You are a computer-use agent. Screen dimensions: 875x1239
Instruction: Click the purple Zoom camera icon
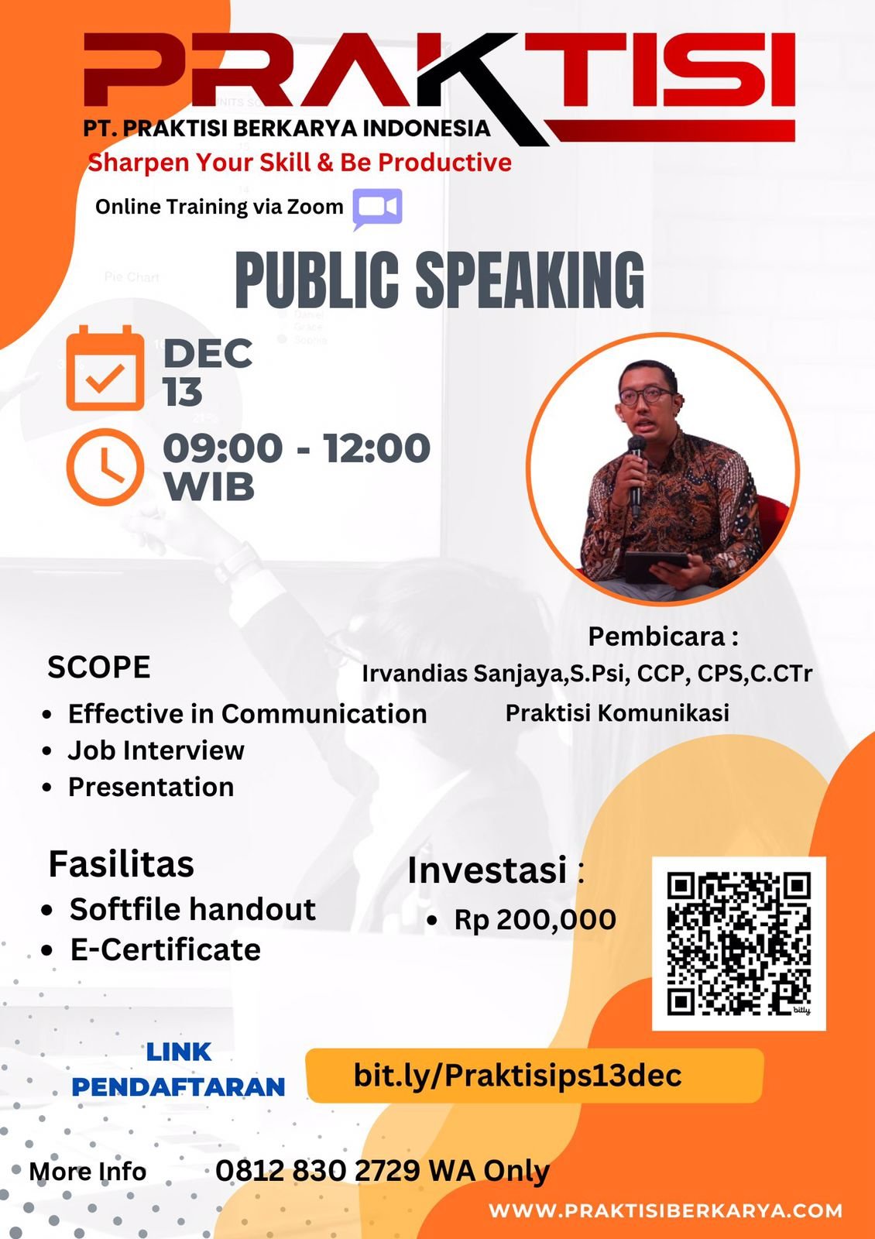(377, 209)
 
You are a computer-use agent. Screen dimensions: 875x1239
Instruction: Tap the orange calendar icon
(105, 368)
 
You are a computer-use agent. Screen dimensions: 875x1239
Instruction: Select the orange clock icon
(105, 467)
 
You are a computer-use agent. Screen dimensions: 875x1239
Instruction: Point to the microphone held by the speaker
(636, 475)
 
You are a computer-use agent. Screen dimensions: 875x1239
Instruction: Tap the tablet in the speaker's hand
(656, 565)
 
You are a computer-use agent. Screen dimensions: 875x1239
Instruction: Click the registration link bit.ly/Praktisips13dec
(517, 1076)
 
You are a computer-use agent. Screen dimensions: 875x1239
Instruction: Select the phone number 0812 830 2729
(317, 1170)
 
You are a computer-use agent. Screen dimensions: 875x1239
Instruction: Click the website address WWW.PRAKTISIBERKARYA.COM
(665, 1210)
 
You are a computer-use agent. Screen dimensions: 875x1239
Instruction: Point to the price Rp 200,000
(535, 919)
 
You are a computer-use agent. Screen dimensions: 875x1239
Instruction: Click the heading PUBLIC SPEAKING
(440, 280)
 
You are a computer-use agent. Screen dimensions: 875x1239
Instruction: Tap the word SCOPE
(99, 667)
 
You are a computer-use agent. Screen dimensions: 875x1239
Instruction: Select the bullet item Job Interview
(156, 750)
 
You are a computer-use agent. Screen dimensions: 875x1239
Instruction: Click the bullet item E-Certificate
(166, 949)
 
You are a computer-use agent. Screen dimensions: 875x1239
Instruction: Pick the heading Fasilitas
(121, 864)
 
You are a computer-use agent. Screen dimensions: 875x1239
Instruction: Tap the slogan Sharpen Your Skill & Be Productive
(300, 163)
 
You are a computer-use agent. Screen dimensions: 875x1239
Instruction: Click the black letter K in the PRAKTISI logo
(487, 88)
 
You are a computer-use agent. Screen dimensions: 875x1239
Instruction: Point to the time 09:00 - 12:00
(297, 448)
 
